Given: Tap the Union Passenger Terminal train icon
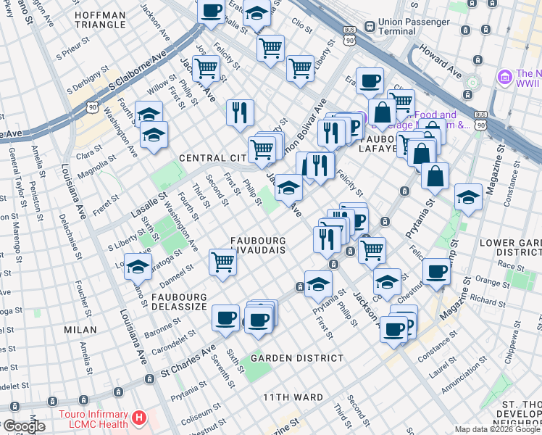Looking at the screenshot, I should coord(370,26).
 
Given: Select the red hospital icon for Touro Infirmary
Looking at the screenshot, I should coord(138,418).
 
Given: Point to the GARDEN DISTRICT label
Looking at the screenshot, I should coord(297,358).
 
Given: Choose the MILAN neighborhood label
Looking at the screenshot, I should coord(80,329).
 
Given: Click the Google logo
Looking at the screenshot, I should coord(24,427).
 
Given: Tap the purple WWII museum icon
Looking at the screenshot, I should coord(505,76).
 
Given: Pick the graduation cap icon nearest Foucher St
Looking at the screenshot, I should coord(138,267).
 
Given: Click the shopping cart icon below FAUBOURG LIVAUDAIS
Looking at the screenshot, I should coord(222,262).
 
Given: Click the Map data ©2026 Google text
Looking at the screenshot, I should coord(497,429).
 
